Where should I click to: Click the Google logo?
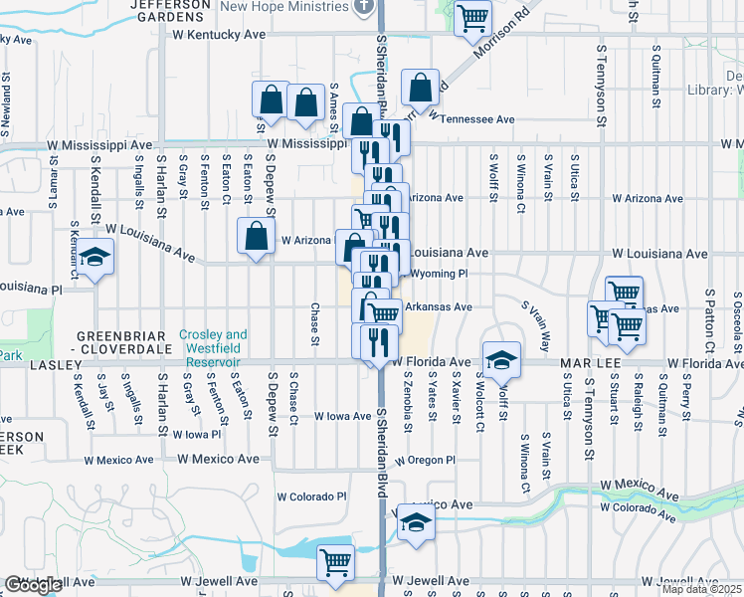click(33, 585)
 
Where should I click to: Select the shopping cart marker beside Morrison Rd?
click(473, 18)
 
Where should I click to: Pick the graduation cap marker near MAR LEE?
click(501, 360)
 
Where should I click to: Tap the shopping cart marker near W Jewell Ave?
click(335, 562)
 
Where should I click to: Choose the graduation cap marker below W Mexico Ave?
click(415, 524)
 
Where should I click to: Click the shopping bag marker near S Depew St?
click(257, 237)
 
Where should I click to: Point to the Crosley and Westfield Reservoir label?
click(213, 341)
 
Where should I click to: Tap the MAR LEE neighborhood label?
click(557, 363)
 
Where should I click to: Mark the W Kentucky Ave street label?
click(218, 34)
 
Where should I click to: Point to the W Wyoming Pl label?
click(434, 274)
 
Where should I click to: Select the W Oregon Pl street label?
click(423, 461)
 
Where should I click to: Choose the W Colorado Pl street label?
click(310, 497)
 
